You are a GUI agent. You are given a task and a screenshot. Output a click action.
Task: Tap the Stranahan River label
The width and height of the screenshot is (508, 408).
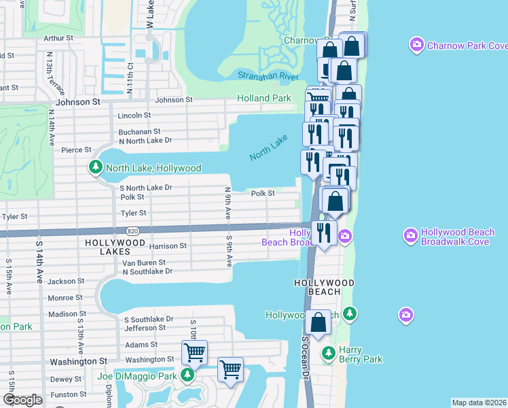[x=268, y=75]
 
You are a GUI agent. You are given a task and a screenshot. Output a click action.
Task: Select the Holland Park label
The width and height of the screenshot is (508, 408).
[x=264, y=99]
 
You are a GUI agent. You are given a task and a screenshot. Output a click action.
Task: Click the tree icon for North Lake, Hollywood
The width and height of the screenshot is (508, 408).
[x=96, y=167]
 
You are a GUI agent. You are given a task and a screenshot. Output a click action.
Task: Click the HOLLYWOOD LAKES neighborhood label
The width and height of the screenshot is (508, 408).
[x=115, y=242]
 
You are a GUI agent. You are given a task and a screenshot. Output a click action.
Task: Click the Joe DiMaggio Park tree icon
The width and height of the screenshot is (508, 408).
[x=187, y=375]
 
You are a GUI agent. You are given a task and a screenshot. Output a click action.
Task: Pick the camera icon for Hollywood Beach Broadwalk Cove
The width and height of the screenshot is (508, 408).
[x=410, y=236]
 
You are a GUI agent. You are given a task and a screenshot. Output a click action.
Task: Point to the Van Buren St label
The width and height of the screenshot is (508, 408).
[x=144, y=262]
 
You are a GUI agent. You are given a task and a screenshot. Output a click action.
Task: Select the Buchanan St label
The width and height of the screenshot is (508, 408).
[x=139, y=131]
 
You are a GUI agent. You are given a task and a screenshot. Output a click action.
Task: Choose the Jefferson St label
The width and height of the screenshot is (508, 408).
[x=145, y=327]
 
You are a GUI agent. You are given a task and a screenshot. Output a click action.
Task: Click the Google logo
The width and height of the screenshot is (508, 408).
[x=22, y=400]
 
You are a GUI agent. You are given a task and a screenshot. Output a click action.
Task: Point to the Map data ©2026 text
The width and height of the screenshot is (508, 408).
[x=479, y=403]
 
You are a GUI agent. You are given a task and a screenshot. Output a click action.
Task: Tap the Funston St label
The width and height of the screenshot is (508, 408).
[x=68, y=394]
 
